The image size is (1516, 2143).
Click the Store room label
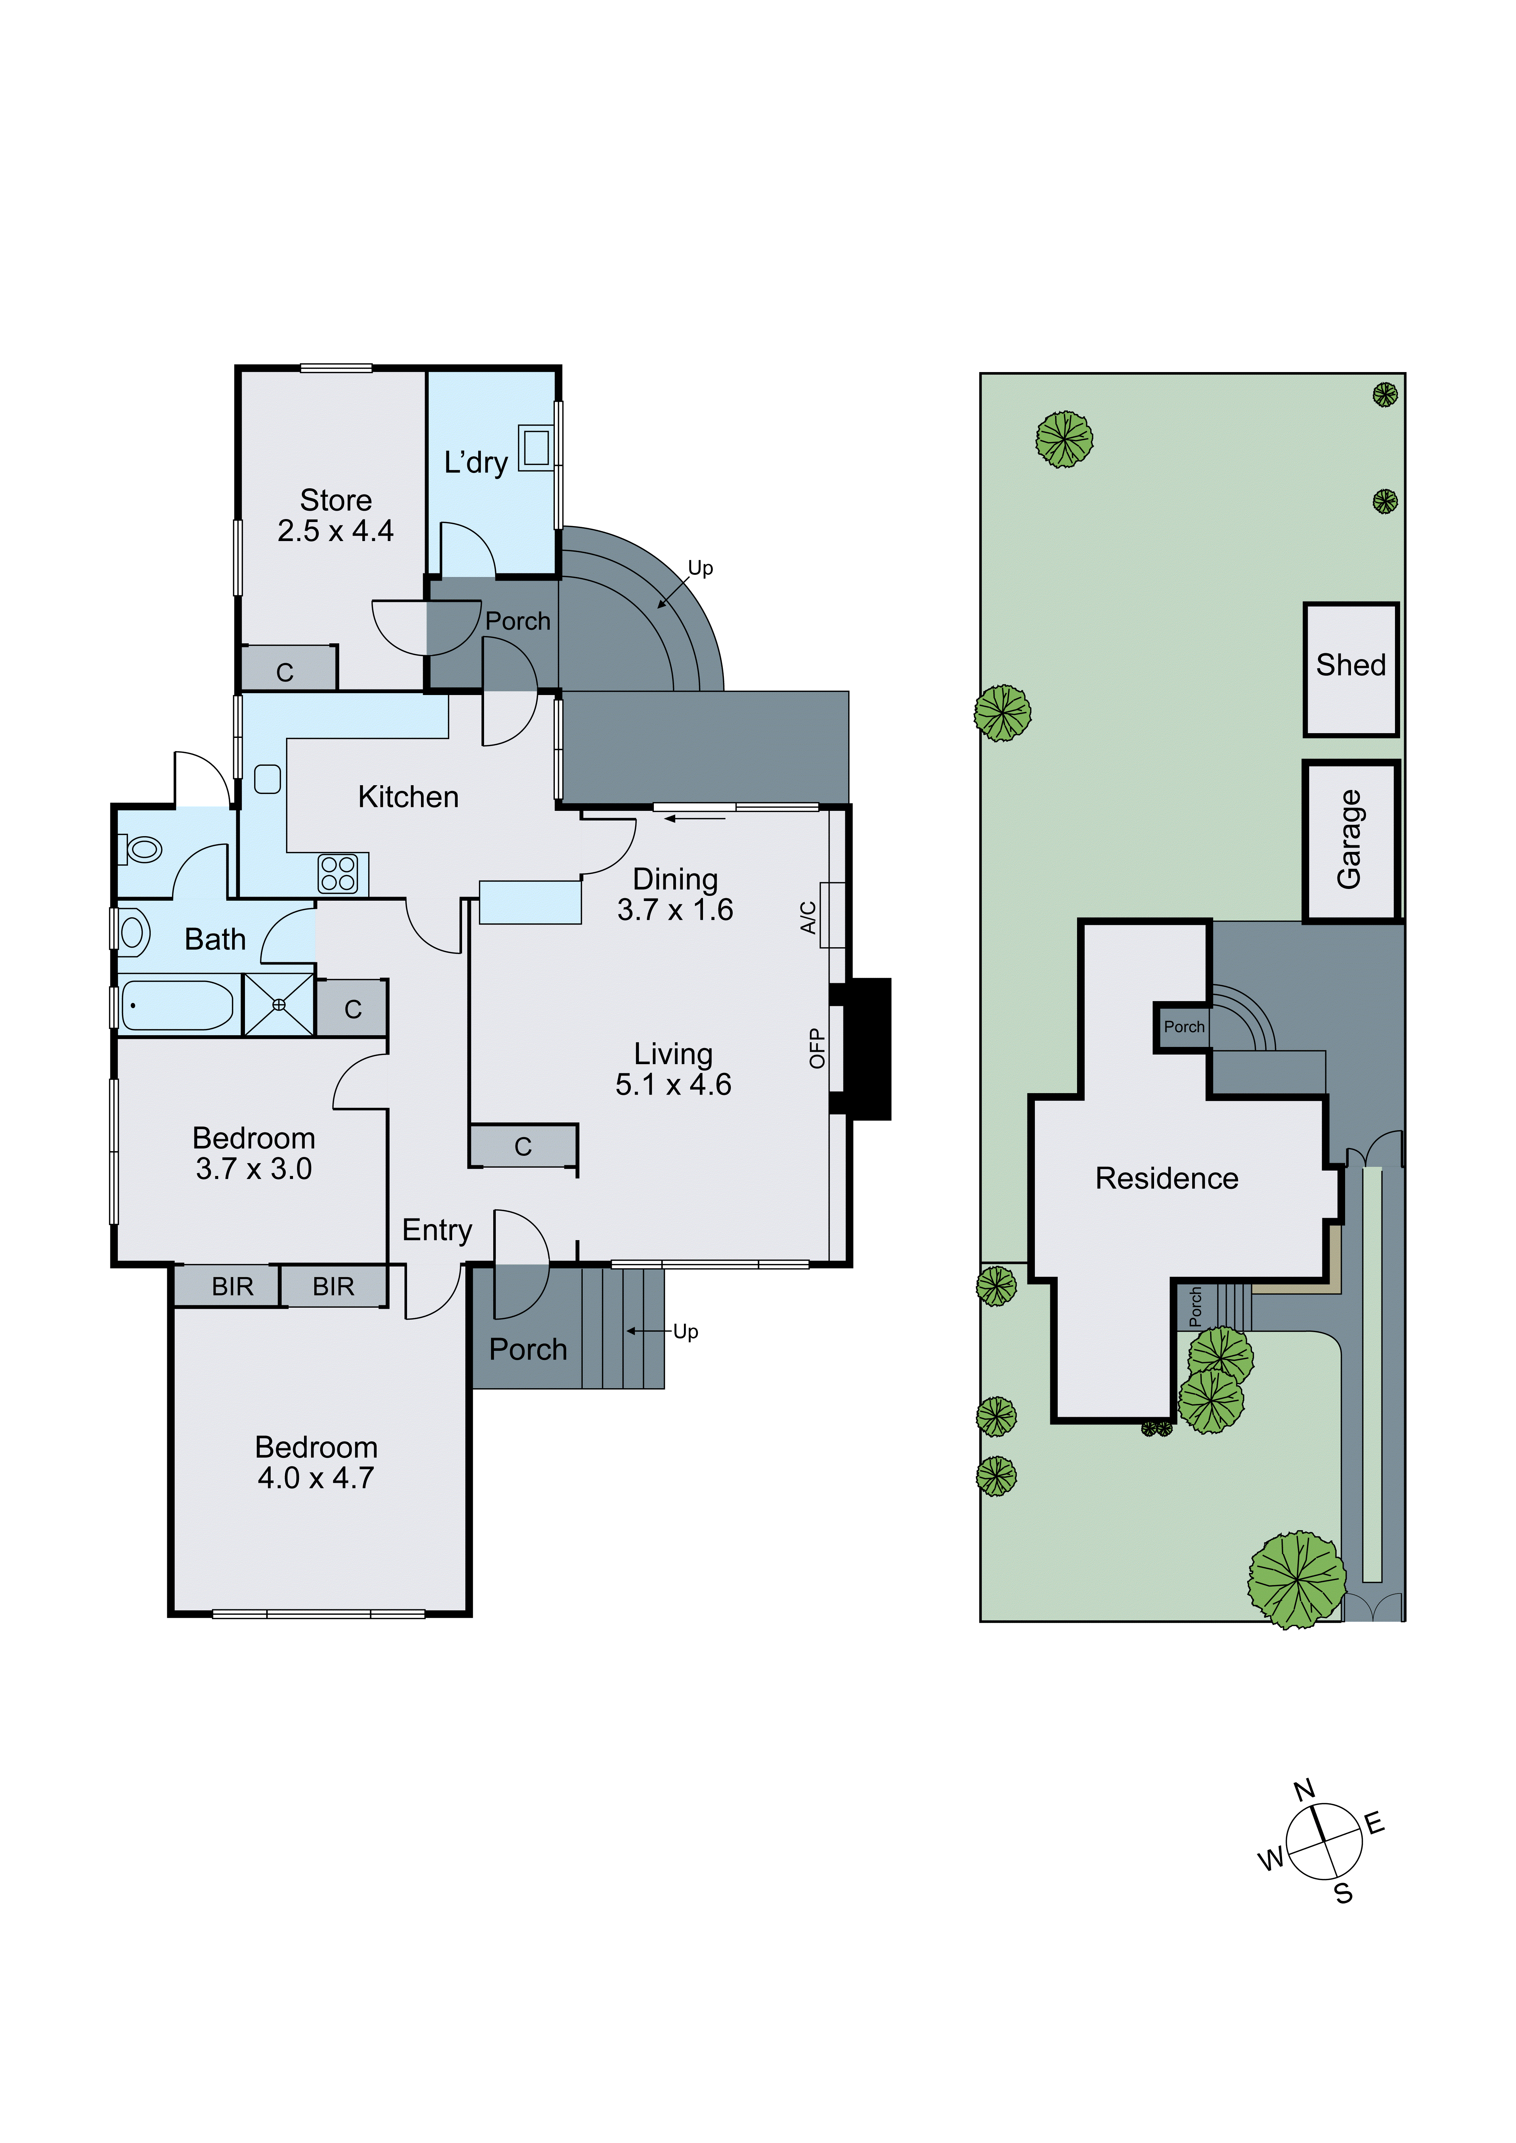click(x=335, y=500)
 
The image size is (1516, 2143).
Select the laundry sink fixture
click(x=536, y=448)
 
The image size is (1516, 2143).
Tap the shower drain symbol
click(x=278, y=1004)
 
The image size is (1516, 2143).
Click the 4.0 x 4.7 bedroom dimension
click(x=315, y=1478)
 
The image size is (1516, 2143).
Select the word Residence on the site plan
click(x=1166, y=1178)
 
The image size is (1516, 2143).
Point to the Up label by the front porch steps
click(x=685, y=1331)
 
